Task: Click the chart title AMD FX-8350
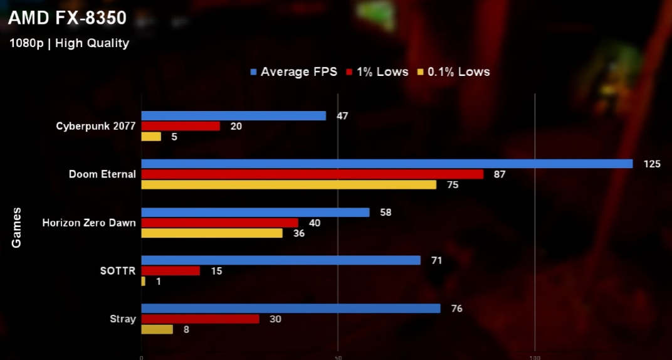pyautogui.click(x=67, y=19)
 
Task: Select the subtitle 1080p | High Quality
pyautogui.click(x=69, y=43)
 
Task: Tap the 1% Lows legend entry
pyautogui.click(x=377, y=71)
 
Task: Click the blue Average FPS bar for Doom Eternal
pyautogui.click(x=387, y=164)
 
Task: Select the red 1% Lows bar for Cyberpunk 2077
pyautogui.click(x=181, y=126)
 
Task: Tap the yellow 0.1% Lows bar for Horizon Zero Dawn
pyautogui.click(x=212, y=233)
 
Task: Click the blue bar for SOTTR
pyautogui.click(x=281, y=260)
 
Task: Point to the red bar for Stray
pyautogui.click(x=201, y=319)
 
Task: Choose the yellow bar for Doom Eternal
pyautogui.click(x=288, y=185)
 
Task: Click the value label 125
pyautogui.click(x=652, y=164)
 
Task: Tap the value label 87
pyautogui.click(x=500, y=174)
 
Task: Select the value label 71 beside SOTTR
pyautogui.click(x=436, y=260)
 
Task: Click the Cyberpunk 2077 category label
pyautogui.click(x=95, y=126)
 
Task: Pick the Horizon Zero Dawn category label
pyautogui.click(x=88, y=223)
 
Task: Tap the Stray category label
pyautogui.click(x=122, y=319)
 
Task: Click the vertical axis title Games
pyautogui.click(x=17, y=227)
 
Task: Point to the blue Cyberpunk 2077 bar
pyautogui.click(x=234, y=115)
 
